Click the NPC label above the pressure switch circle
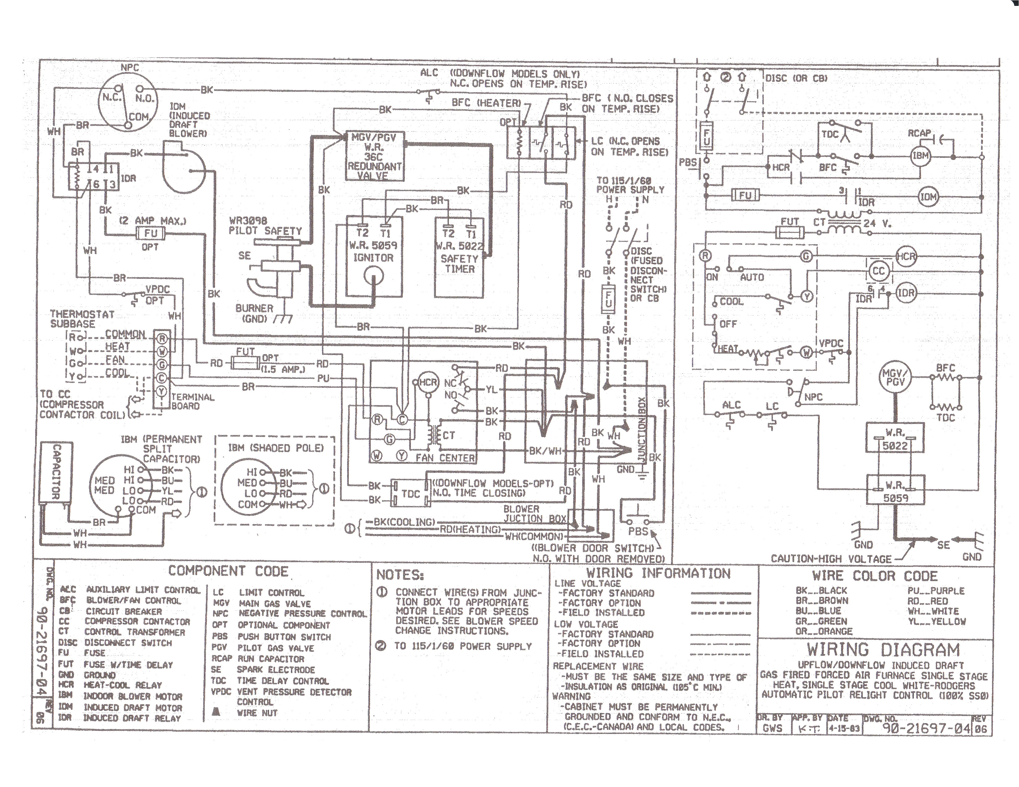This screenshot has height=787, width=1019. [130, 68]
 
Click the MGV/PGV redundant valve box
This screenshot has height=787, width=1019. [374, 156]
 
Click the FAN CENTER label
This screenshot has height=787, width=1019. [445, 458]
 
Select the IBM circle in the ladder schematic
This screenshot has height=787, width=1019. [920, 156]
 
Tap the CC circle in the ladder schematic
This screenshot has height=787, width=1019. [878, 271]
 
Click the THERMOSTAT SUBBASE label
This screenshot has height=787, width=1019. [82, 319]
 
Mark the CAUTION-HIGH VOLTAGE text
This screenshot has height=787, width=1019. [831, 559]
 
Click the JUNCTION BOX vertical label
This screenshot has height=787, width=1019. [642, 429]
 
